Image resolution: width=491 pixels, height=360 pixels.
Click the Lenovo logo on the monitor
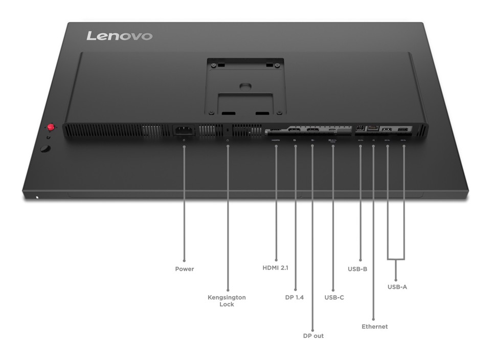[120, 36]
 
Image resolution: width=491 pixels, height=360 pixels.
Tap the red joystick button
[51, 127]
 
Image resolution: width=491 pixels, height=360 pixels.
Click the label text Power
[185, 269]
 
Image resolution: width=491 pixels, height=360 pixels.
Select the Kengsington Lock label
[227, 301]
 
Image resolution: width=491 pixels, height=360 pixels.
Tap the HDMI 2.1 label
[276, 267]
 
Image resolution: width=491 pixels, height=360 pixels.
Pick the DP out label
[313, 336]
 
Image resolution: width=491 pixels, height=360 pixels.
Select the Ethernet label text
[374, 326]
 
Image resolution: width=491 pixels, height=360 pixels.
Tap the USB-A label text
[397, 287]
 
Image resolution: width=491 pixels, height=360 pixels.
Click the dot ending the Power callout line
[184, 260]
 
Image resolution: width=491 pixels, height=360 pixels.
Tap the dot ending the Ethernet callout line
[374, 318]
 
